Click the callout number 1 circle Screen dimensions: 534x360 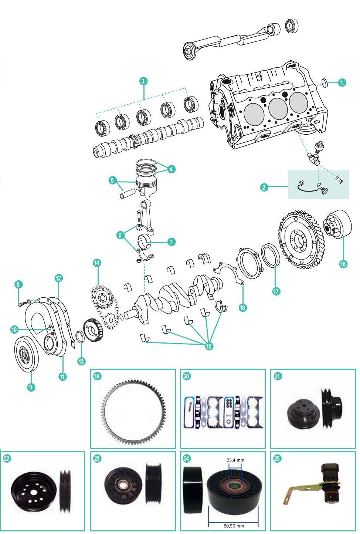click(x=342, y=82)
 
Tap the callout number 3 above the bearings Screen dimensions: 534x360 click(x=143, y=81)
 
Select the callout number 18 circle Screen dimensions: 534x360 click(x=343, y=264)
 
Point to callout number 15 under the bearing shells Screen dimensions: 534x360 click(x=209, y=346)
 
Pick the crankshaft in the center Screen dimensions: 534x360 click(x=177, y=296)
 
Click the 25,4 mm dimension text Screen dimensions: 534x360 click(x=235, y=460)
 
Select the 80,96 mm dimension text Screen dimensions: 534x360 click(x=234, y=526)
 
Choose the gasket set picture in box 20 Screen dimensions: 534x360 click(x=223, y=412)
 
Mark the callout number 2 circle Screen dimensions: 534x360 click(x=264, y=187)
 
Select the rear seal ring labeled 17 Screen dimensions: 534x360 click(x=271, y=255)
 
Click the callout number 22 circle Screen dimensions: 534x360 click(x=7, y=459)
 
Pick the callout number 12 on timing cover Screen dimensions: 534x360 click(x=58, y=278)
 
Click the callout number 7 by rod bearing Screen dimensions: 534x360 click(x=171, y=242)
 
